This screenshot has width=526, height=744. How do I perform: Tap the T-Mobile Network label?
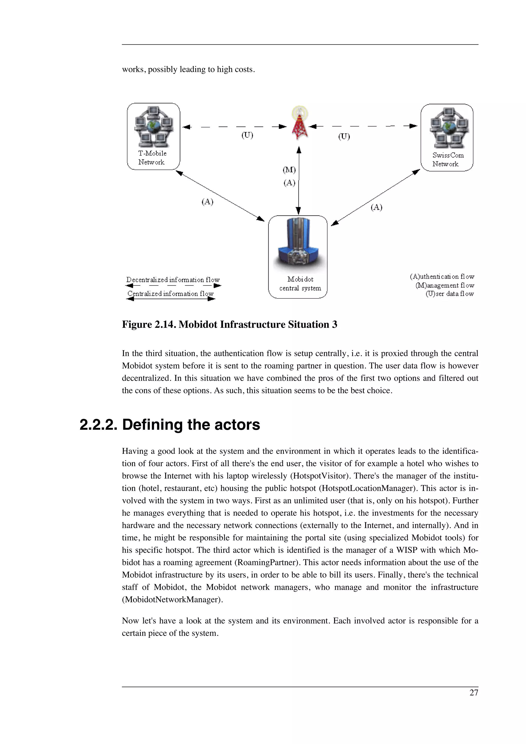point(152,158)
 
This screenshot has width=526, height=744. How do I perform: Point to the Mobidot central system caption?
point(300,283)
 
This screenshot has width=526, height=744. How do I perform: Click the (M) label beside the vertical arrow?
point(289,170)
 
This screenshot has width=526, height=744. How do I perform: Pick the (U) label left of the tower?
point(247,135)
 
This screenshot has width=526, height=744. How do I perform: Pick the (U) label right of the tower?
point(344,136)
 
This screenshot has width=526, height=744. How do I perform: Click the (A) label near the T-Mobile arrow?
point(208,202)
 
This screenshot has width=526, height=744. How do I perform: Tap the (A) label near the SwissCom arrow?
point(376,207)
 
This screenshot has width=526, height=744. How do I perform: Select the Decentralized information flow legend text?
point(173,280)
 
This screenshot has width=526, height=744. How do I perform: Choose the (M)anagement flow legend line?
point(445,285)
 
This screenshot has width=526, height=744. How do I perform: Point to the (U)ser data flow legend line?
point(449,294)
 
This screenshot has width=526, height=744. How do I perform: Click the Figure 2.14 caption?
point(229,324)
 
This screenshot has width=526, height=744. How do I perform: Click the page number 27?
point(474,693)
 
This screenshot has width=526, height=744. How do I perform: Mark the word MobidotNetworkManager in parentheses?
point(172,599)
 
